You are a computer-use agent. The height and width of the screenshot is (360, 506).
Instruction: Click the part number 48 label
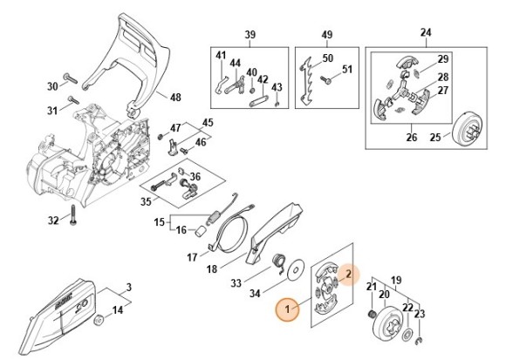[175, 98]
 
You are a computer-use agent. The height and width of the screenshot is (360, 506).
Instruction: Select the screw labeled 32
[73, 215]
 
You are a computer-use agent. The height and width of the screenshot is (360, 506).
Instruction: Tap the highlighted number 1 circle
[287, 309]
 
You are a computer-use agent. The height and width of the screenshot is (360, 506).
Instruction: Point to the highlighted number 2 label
[348, 275]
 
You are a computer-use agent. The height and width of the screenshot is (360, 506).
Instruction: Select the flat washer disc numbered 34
[296, 268]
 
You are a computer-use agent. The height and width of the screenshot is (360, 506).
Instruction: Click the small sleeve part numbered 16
[201, 231]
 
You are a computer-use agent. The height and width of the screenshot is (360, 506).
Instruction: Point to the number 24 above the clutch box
[426, 32]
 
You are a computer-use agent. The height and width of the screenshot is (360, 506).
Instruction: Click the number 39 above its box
[250, 35]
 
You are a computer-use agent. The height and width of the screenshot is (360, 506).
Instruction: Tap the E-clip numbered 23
[419, 339]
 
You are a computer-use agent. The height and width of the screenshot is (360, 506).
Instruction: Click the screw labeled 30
[71, 78]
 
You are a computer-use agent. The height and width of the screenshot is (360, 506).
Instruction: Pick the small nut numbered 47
[160, 137]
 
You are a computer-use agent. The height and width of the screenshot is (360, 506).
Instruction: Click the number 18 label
[212, 268]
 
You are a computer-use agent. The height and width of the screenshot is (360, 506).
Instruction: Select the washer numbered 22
[407, 334]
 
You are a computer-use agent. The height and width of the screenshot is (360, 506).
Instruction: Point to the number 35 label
[146, 201]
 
